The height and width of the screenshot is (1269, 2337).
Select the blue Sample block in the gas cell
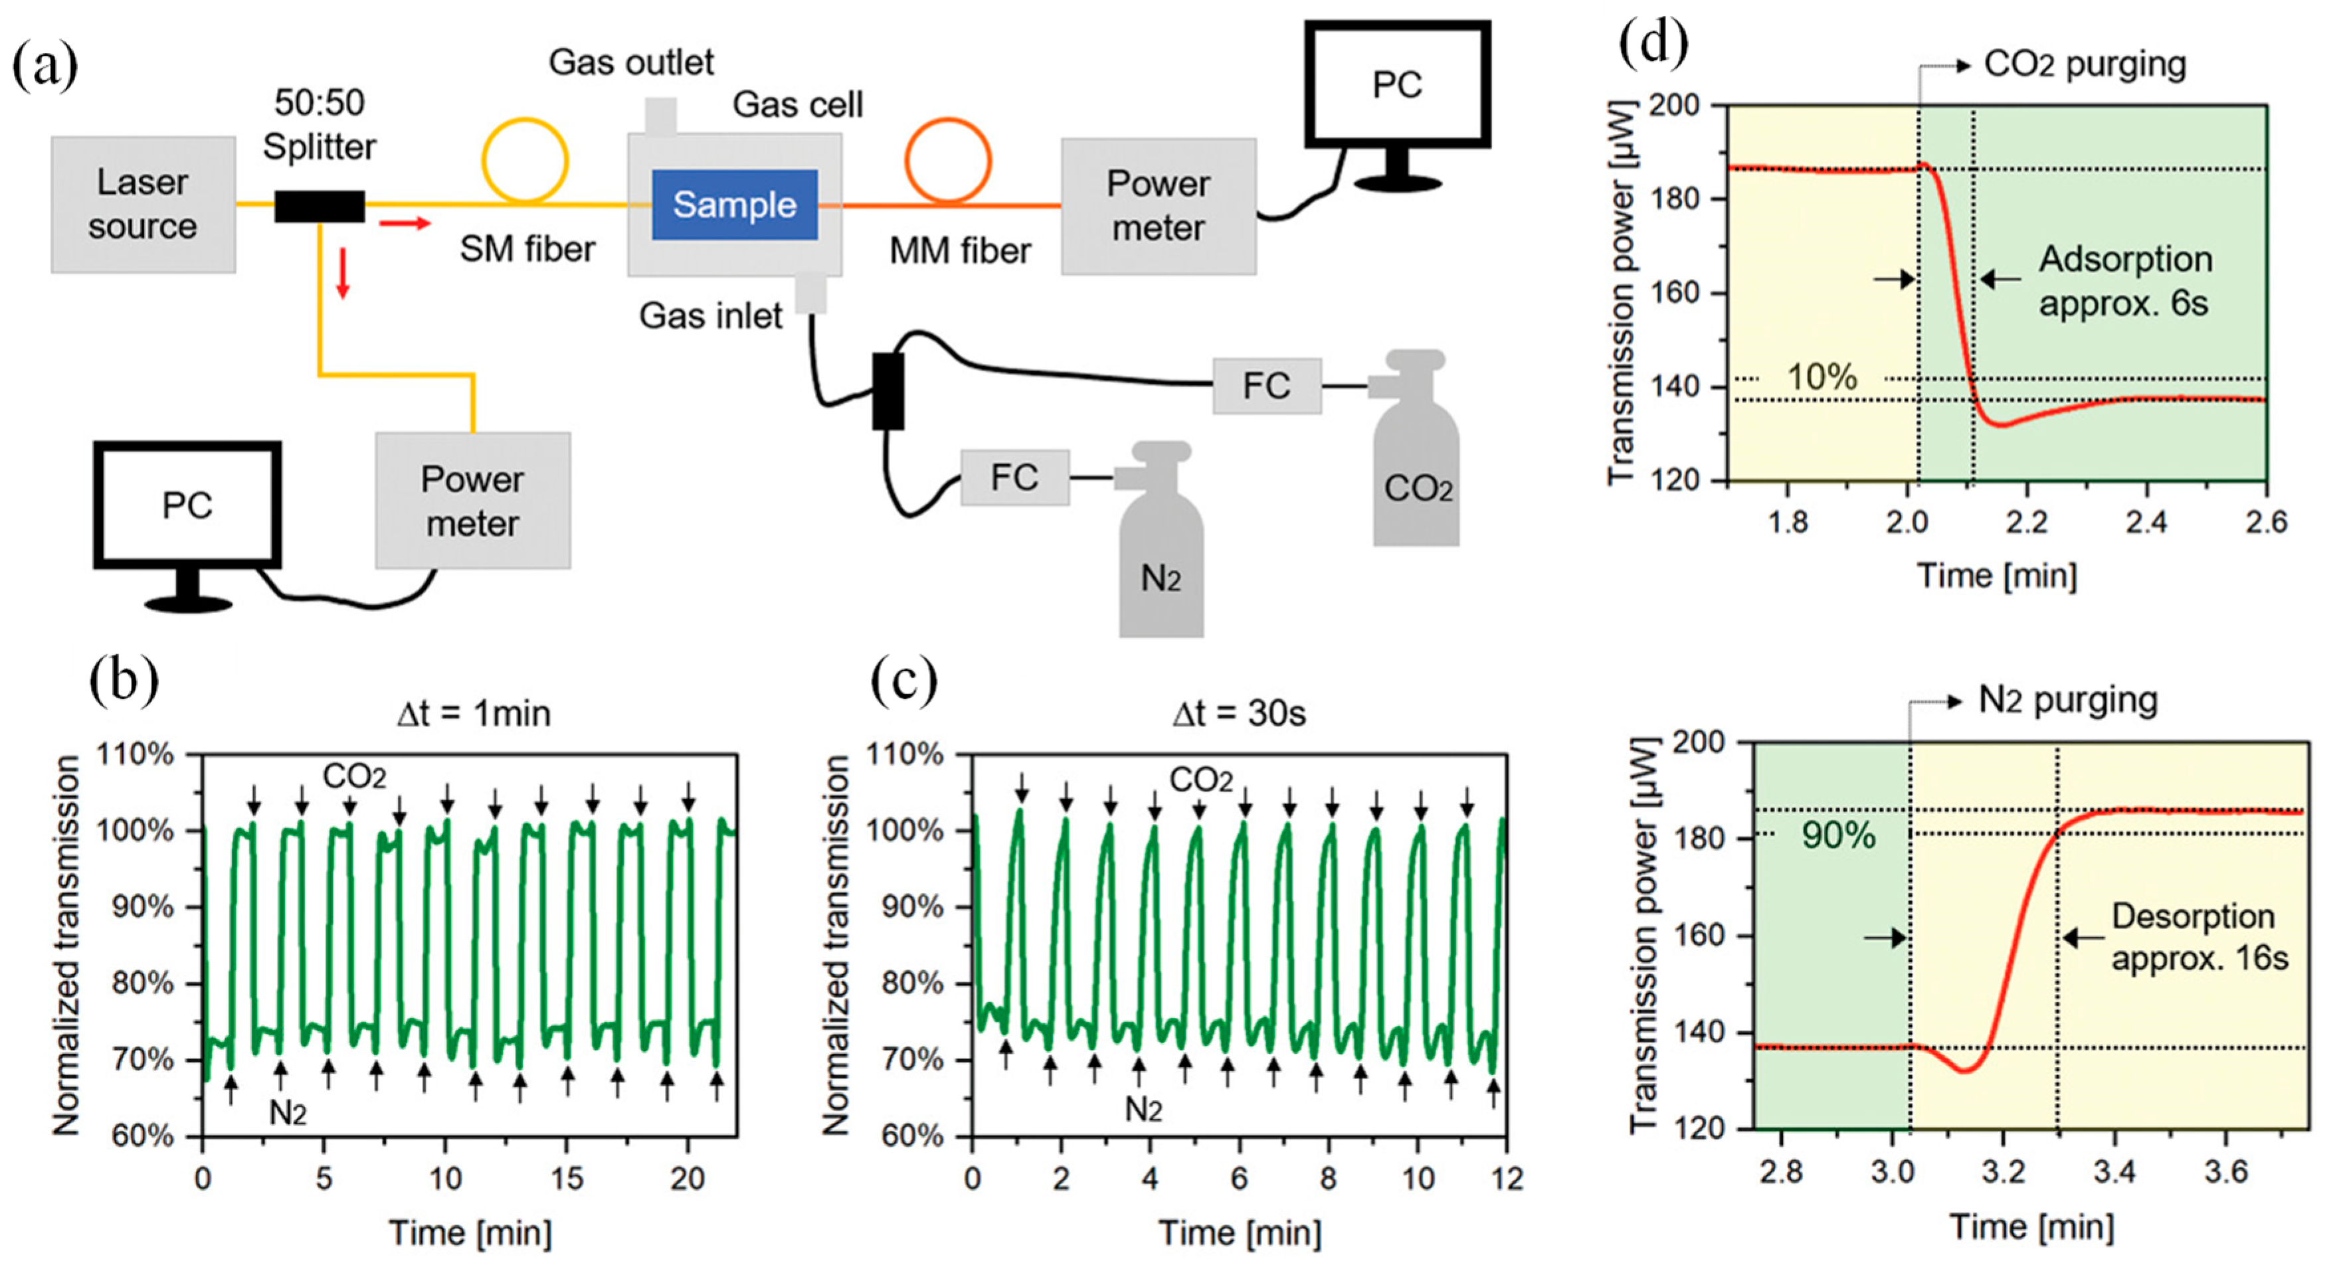(x=734, y=205)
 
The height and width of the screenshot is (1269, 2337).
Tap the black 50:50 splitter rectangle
(x=320, y=206)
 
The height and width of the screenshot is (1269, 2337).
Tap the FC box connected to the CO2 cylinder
(x=1266, y=386)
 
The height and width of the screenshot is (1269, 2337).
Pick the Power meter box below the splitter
(x=473, y=501)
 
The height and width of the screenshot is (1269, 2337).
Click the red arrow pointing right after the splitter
(x=404, y=223)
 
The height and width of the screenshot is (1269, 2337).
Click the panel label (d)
(x=1653, y=44)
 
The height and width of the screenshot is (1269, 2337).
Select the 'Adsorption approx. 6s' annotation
(x=2124, y=281)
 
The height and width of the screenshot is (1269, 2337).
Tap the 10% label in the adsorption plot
(x=1822, y=377)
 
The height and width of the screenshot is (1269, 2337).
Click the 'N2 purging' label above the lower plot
(x=2067, y=701)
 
